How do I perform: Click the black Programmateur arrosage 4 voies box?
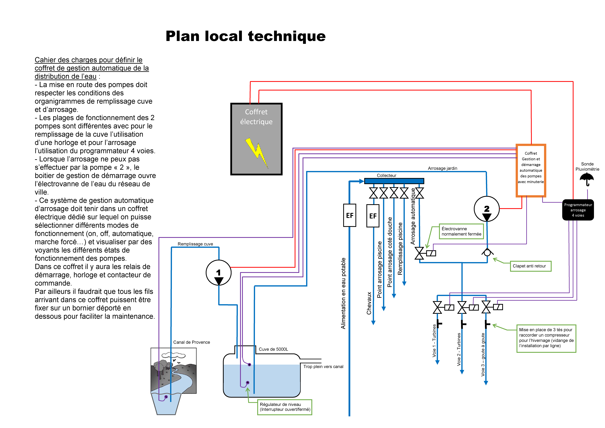(x=578, y=210)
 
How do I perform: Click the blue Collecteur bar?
(x=394, y=181)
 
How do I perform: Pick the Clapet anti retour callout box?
(x=530, y=266)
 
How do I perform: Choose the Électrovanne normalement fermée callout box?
(x=461, y=231)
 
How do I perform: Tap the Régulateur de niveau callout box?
(x=285, y=407)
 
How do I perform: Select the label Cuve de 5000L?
(x=273, y=349)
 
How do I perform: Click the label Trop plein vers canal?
(x=323, y=367)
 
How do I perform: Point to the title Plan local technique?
(x=246, y=36)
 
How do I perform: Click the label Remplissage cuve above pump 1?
(x=195, y=244)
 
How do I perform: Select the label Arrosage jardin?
(x=442, y=168)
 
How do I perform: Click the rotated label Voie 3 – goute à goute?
(x=483, y=355)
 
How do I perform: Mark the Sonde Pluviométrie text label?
(x=587, y=166)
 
